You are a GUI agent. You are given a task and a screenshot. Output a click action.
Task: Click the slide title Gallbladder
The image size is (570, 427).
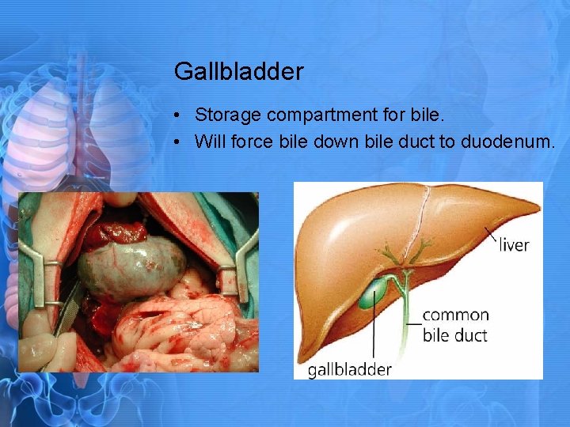(238, 72)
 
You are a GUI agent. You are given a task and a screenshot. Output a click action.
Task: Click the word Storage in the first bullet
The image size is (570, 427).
(228, 115)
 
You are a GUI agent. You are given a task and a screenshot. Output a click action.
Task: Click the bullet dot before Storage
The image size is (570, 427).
(180, 116)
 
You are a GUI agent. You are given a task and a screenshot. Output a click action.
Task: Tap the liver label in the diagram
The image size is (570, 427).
(514, 245)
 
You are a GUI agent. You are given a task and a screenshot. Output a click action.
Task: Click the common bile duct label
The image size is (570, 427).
(455, 324)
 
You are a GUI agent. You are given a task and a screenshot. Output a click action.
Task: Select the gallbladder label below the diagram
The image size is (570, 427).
(349, 369)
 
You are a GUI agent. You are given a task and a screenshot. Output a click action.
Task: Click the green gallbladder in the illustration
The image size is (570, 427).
(370, 297)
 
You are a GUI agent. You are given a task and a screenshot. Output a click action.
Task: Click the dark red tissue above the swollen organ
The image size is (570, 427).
(116, 233)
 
